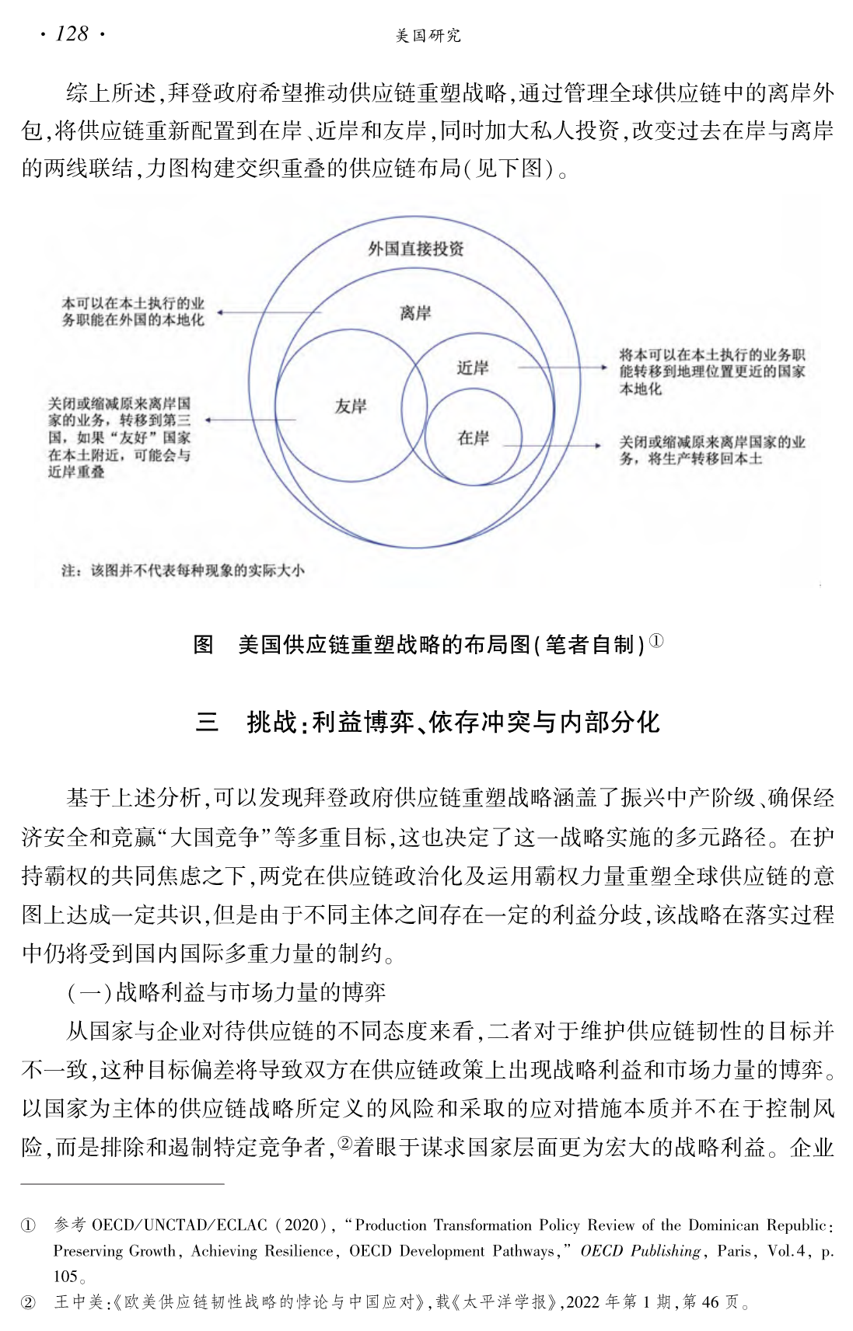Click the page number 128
tap(72, 34)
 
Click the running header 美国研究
tap(428, 36)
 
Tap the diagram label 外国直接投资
tap(416, 249)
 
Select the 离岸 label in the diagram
tap(416, 313)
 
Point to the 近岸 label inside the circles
tap(473, 368)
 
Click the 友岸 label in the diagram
tap(351, 406)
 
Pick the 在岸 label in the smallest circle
tap(474, 438)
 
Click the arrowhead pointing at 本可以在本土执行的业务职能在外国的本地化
tap(221, 312)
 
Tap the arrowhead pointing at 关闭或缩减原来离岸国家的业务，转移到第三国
tap(208, 420)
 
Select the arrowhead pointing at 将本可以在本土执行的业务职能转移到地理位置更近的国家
tap(604, 367)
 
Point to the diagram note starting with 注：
tap(183, 571)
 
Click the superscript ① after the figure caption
tap(656, 641)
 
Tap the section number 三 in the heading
tap(207, 723)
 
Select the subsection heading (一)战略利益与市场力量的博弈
tap(226, 992)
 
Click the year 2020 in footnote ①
tap(301, 1225)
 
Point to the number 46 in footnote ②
tap(710, 1302)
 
